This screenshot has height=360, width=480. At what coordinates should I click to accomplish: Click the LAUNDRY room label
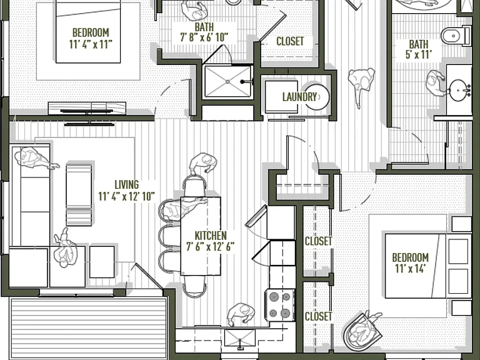pyautogui.click(x=299, y=97)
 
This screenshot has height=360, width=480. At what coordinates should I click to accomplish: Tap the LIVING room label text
pyautogui.click(x=126, y=184)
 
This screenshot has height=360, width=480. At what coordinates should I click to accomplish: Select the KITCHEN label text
pyautogui.click(x=211, y=236)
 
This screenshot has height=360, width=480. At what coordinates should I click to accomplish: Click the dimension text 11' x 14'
pyautogui.click(x=410, y=269)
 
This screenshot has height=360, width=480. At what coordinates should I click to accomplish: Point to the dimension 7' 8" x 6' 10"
pyautogui.click(x=204, y=37)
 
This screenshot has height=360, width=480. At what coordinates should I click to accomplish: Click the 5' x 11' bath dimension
pyautogui.click(x=419, y=54)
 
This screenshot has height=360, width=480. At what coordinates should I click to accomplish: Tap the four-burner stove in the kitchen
pyautogui.click(x=280, y=305)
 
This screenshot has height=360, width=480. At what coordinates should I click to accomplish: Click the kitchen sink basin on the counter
pyautogui.click(x=240, y=339)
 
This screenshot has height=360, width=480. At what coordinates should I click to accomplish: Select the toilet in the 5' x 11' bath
pyautogui.click(x=456, y=36)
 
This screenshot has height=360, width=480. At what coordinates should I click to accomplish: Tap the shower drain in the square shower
pyautogui.click(x=227, y=82)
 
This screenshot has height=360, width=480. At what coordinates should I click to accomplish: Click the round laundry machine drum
pyautogui.click(x=317, y=97)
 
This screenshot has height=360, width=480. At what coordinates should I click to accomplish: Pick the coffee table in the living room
pyautogui.click(x=79, y=195)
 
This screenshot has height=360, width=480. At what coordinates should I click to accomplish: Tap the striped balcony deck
pyautogui.click(x=89, y=327)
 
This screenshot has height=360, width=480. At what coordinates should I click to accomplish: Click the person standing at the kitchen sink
pyautogui.click(x=241, y=314)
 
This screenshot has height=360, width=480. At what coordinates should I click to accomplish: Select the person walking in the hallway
pyautogui.click(x=361, y=85)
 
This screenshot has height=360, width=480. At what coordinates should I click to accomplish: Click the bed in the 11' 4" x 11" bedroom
pyautogui.click(x=88, y=32)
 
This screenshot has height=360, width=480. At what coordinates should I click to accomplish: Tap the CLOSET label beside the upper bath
pyautogui.click(x=290, y=41)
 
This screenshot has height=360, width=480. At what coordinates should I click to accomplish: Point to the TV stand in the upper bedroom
pyautogui.click(x=87, y=108)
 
